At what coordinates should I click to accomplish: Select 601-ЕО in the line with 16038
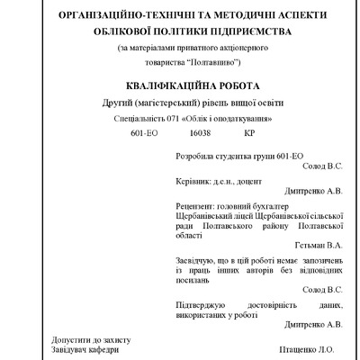[145, 132]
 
